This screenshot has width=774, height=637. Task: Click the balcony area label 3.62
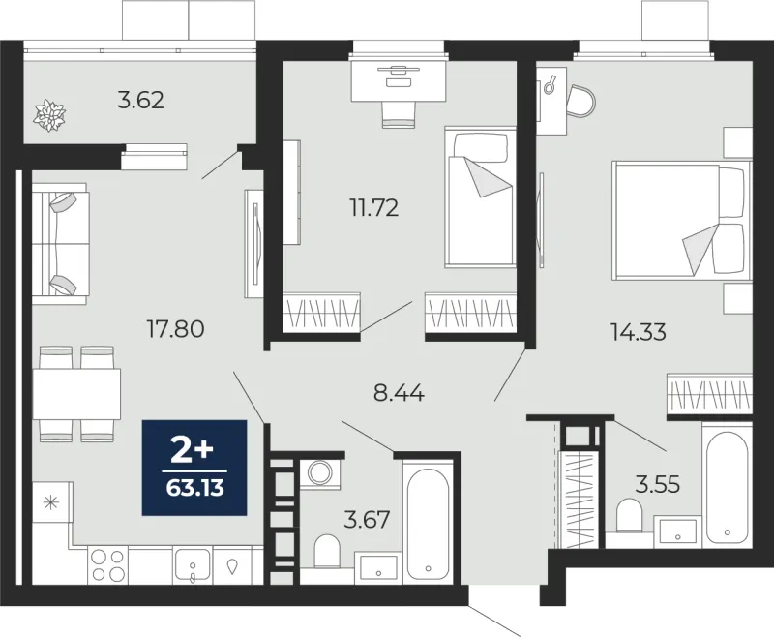pyautogui.click(x=140, y=101)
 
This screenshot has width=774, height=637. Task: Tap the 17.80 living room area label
pyautogui.click(x=176, y=328)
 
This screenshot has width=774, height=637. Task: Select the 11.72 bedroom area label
pyautogui.click(x=374, y=208)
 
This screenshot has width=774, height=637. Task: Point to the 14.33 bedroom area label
pyautogui.click(x=639, y=332)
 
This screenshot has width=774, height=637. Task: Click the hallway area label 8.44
pyautogui.click(x=400, y=394)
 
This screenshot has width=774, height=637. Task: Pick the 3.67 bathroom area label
pyautogui.click(x=368, y=520)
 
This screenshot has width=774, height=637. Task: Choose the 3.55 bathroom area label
pyautogui.click(x=658, y=484)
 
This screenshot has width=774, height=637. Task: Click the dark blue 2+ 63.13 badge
pyautogui.click(x=194, y=468)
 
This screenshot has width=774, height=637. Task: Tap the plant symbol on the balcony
pyautogui.click(x=49, y=115)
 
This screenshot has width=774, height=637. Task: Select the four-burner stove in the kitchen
pyautogui.click(x=108, y=565)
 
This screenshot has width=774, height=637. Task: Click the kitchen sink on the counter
pyautogui.click(x=193, y=566)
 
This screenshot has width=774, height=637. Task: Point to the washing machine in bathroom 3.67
pyautogui.click(x=320, y=473)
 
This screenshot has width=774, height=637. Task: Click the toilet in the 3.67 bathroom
pyautogui.click(x=327, y=551)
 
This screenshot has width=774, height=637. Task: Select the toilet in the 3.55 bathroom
pyautogui.click(x=629, y=515)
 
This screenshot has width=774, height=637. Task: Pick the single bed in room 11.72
pyautogui.click(x=480, y=197)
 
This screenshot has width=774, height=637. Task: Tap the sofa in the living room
pyautogui.click(x=60, y=243)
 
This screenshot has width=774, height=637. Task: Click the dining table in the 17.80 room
pyautogui.click(x=76, y=394)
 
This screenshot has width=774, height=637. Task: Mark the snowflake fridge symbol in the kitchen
pyautogui.click(x=51, y=503)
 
